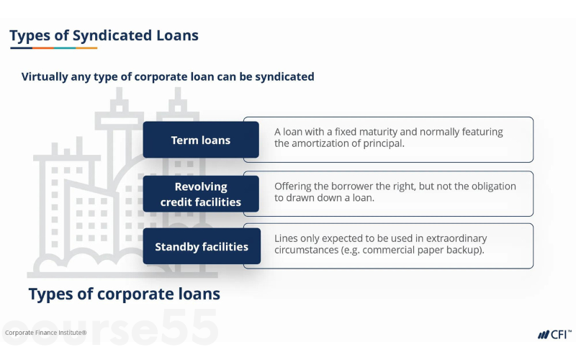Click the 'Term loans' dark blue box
(200, 140)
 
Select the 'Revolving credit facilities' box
(200, 194)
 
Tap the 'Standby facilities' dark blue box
(201, 247)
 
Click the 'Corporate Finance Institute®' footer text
(45, 333)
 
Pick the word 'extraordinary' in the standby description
(453, 238)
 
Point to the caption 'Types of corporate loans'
(124, 294)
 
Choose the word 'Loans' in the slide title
(179, 35)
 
